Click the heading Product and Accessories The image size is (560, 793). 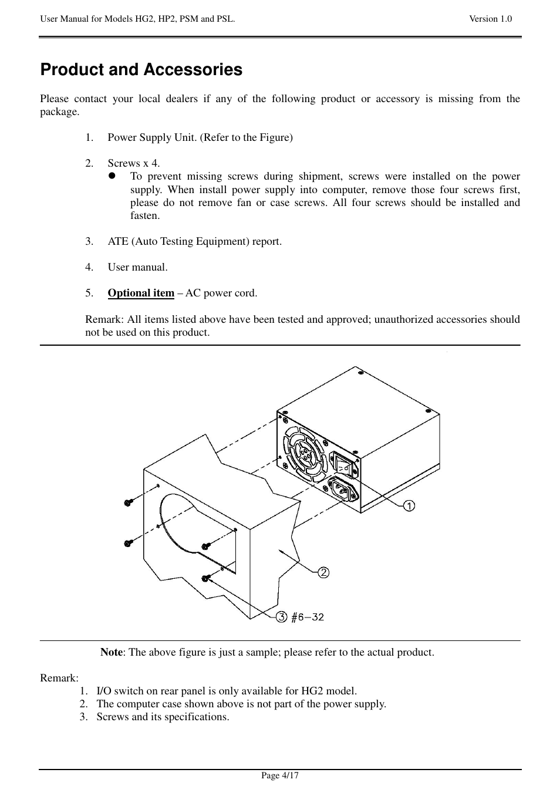141,70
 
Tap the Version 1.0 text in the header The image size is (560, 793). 490,19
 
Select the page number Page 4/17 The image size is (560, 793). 280,775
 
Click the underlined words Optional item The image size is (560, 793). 141,293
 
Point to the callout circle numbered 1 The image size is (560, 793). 409,505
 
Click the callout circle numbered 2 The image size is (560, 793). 323,572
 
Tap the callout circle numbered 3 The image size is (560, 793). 282,616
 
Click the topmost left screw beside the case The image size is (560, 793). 129,502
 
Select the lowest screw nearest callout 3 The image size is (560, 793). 206,578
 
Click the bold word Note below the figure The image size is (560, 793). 111,652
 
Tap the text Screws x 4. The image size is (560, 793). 133,163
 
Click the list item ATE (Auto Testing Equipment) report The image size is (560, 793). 194,241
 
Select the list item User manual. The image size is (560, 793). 137,267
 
